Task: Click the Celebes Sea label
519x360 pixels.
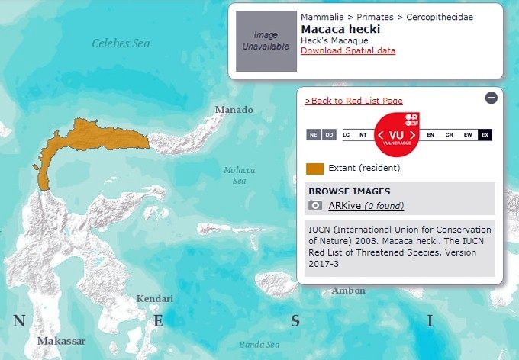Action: tap(121, 43)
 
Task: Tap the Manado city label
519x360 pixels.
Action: tap(234, 110)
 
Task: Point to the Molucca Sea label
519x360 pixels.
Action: tap(239, 175)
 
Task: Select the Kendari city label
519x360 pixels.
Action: tap(155, 298)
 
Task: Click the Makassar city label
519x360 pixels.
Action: tap(61, 341)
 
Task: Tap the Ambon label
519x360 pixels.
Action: tap(348, 291)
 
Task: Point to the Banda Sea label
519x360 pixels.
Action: tap(261, 344)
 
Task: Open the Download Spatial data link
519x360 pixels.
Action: tap(348, 50)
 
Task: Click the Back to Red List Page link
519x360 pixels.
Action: tap(353, 101)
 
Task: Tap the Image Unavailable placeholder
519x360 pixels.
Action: tap(266, 41)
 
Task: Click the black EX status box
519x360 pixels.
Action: tap(485, 135)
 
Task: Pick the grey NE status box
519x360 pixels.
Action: tap(313, 135)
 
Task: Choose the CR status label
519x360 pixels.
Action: tap(449, 135)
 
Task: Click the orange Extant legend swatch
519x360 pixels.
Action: tap(314, 168)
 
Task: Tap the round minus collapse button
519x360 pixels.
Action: tap(492, 98)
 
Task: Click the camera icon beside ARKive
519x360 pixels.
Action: tap(314, 205)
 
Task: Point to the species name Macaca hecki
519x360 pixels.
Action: tap(340, 29)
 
